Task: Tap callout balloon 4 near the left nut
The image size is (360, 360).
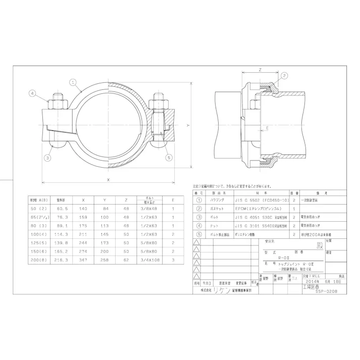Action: [32, 93]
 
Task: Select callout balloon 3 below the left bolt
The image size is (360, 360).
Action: [46, 158]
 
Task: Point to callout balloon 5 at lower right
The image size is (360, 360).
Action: [169, 158]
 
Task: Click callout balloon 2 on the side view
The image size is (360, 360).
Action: [284, 76]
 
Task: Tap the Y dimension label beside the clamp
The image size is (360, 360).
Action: [187, 125]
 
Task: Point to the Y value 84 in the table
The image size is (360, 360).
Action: [105, 209]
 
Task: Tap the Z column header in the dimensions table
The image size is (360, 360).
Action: [125, 199]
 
